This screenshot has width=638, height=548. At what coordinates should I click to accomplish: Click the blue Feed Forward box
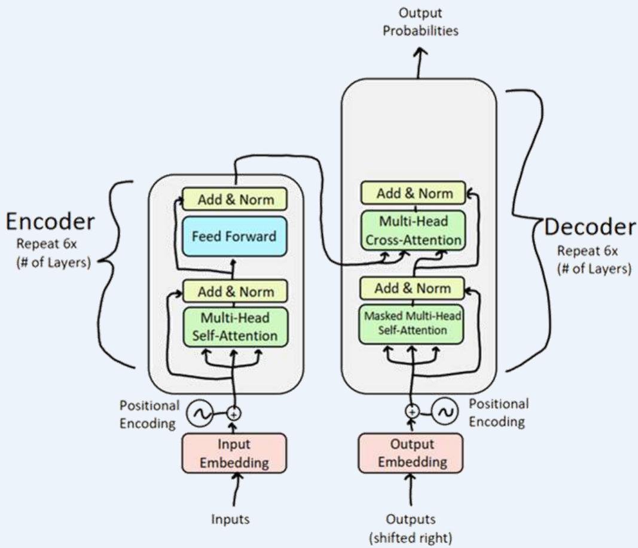(234, 236)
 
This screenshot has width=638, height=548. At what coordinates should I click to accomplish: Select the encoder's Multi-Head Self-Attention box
(234, 327)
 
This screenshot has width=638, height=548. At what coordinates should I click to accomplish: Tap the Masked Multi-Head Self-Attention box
(411, 322)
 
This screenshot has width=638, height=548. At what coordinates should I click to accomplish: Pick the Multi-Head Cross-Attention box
(413, 231)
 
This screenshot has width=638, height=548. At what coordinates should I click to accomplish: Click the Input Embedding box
(234, 453)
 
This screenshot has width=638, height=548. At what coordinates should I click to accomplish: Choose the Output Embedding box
(410, 453)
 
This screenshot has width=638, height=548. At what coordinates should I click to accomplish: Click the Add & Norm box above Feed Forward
(234, 199)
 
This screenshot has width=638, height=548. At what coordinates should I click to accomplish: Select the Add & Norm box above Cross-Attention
(414, 193)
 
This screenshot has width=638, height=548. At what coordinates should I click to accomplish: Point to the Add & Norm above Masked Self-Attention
(411, 288)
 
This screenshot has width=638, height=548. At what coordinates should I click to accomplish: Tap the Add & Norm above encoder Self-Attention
(235, 291)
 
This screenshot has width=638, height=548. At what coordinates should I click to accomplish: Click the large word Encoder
(50, 222)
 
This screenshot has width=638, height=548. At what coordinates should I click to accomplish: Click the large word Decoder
(590, 227)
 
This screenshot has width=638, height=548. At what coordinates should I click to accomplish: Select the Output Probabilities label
(420, 22)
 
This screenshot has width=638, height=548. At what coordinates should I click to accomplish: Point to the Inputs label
(230, 519)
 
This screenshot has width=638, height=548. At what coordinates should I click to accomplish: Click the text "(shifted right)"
(410, 537)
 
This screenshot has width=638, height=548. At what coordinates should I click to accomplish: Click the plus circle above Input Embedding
(234, 413)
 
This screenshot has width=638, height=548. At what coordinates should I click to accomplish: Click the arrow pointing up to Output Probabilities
(419, 62)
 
